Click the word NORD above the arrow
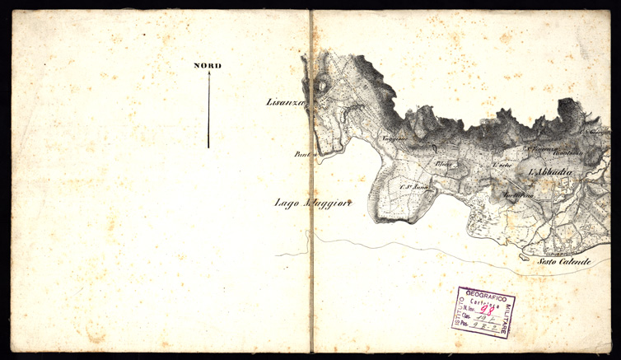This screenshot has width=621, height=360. click(208, 65)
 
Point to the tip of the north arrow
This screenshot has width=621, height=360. click(208, 72)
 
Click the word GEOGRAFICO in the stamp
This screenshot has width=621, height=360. click(486, 294)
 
